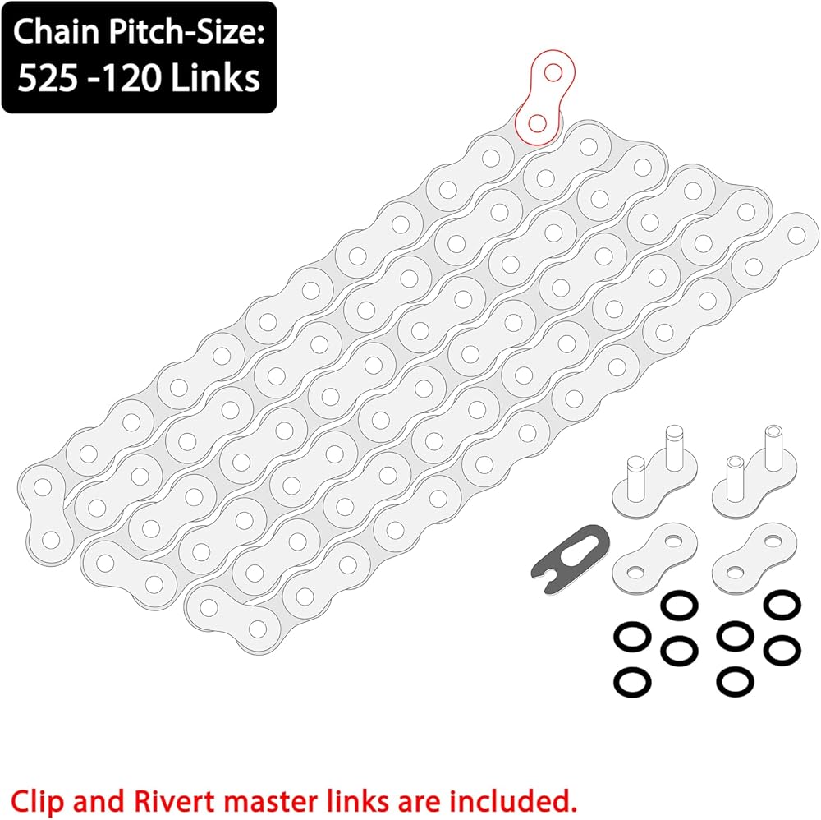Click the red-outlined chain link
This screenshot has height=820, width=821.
point(544,97)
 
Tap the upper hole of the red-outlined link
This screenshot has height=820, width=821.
point(553,73)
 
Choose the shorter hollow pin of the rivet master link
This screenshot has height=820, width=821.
point(735,476)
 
